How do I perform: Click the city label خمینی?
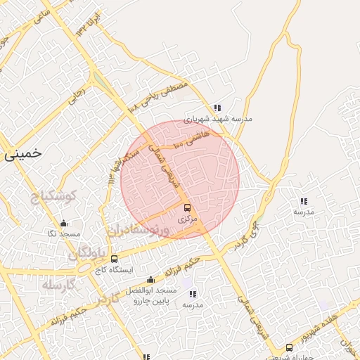click(22, 152)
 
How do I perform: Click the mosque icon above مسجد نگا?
click(64, 224)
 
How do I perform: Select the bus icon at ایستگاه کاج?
click(114, 259)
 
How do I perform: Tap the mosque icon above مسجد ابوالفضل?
click(150, 280)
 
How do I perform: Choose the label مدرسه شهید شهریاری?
click(219, 119)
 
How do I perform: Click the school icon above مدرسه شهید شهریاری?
click(218, 108)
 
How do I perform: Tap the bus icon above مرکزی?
click(187, 207)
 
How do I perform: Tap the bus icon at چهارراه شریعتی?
click(289, 347)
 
